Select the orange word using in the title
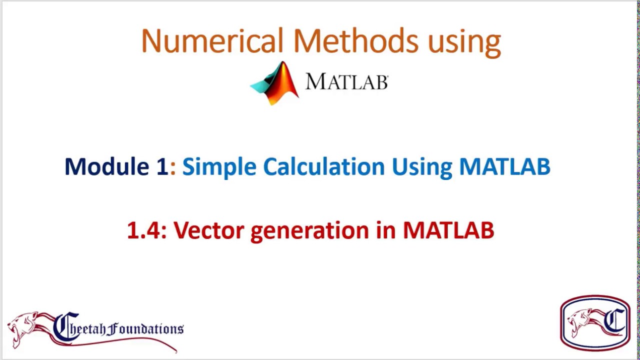click(x=464, y=42)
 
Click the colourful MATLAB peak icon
click(x=275, y=83)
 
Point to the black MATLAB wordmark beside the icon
click(x=346, y=82)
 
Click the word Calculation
click(x=323, y=166)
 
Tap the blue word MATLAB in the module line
click(x=504, y=166)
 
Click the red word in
click(x=385, y=230)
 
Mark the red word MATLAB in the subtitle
click(x=448, y=230)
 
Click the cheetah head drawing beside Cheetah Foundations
click(x=25, y=327)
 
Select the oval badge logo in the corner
click(x=595, y=322)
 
